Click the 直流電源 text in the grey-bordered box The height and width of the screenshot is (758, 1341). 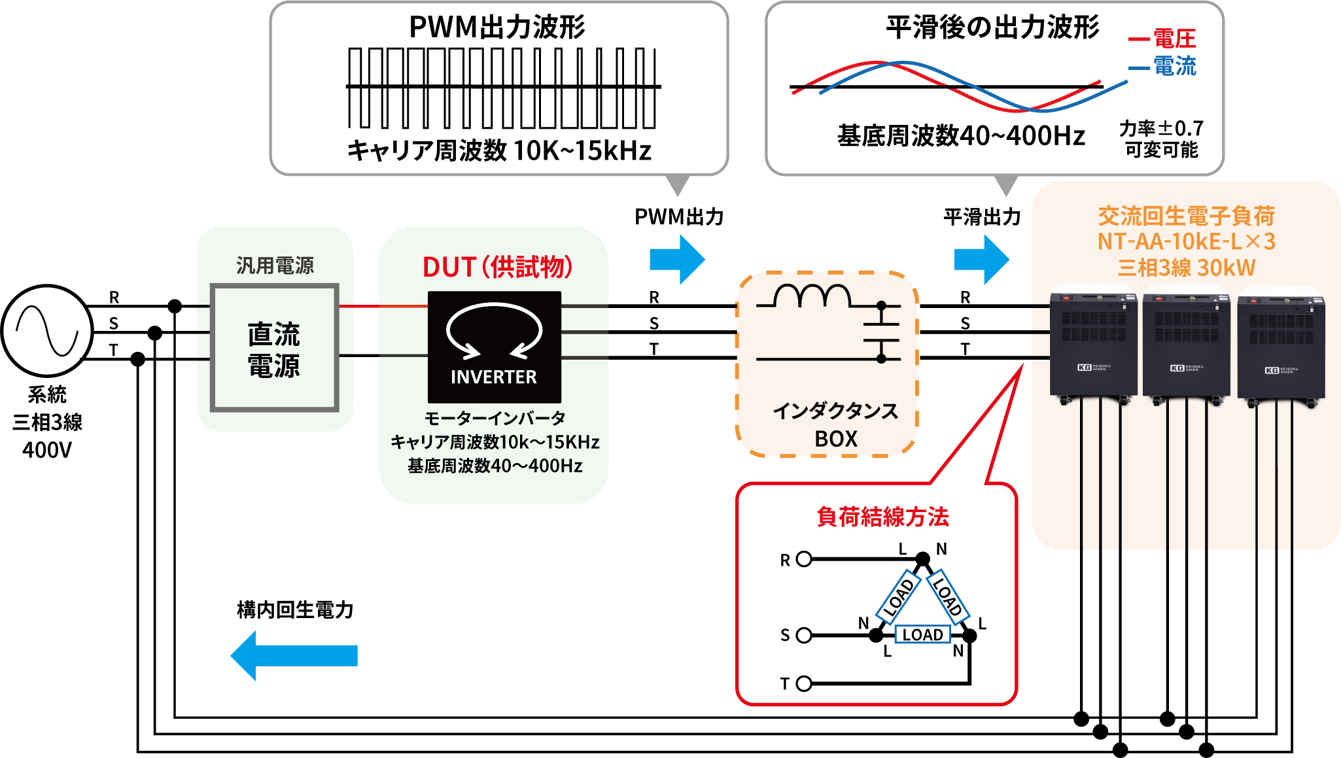pos(274,349)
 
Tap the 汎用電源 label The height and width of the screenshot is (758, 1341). pos(275,266)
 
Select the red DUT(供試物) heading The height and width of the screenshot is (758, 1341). pos(497,267)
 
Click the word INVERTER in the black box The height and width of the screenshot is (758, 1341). pos(493,377)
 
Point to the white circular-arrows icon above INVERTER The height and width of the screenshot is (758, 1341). pos(494,330)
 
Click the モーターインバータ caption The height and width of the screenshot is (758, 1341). pos(495,418)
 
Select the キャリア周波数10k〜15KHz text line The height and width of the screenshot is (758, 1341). pos(495,442)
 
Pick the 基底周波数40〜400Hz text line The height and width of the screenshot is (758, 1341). pos(495,466)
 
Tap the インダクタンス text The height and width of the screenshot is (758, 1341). pos(835,411)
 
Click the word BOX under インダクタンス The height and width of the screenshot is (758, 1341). pos(835,439)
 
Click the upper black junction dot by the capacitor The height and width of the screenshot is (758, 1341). pos(881,305)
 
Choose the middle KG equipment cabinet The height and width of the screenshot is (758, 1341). pos(1186,343)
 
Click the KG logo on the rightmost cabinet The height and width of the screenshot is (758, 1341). pos(1272,370)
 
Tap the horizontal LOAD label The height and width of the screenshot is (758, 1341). pos(922,634)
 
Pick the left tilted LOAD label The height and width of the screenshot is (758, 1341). pos(897,598)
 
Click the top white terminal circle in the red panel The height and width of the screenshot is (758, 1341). pos(804,559)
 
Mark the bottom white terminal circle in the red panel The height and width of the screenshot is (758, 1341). pos(804,683)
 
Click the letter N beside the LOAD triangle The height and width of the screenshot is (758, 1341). pos(863,622)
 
